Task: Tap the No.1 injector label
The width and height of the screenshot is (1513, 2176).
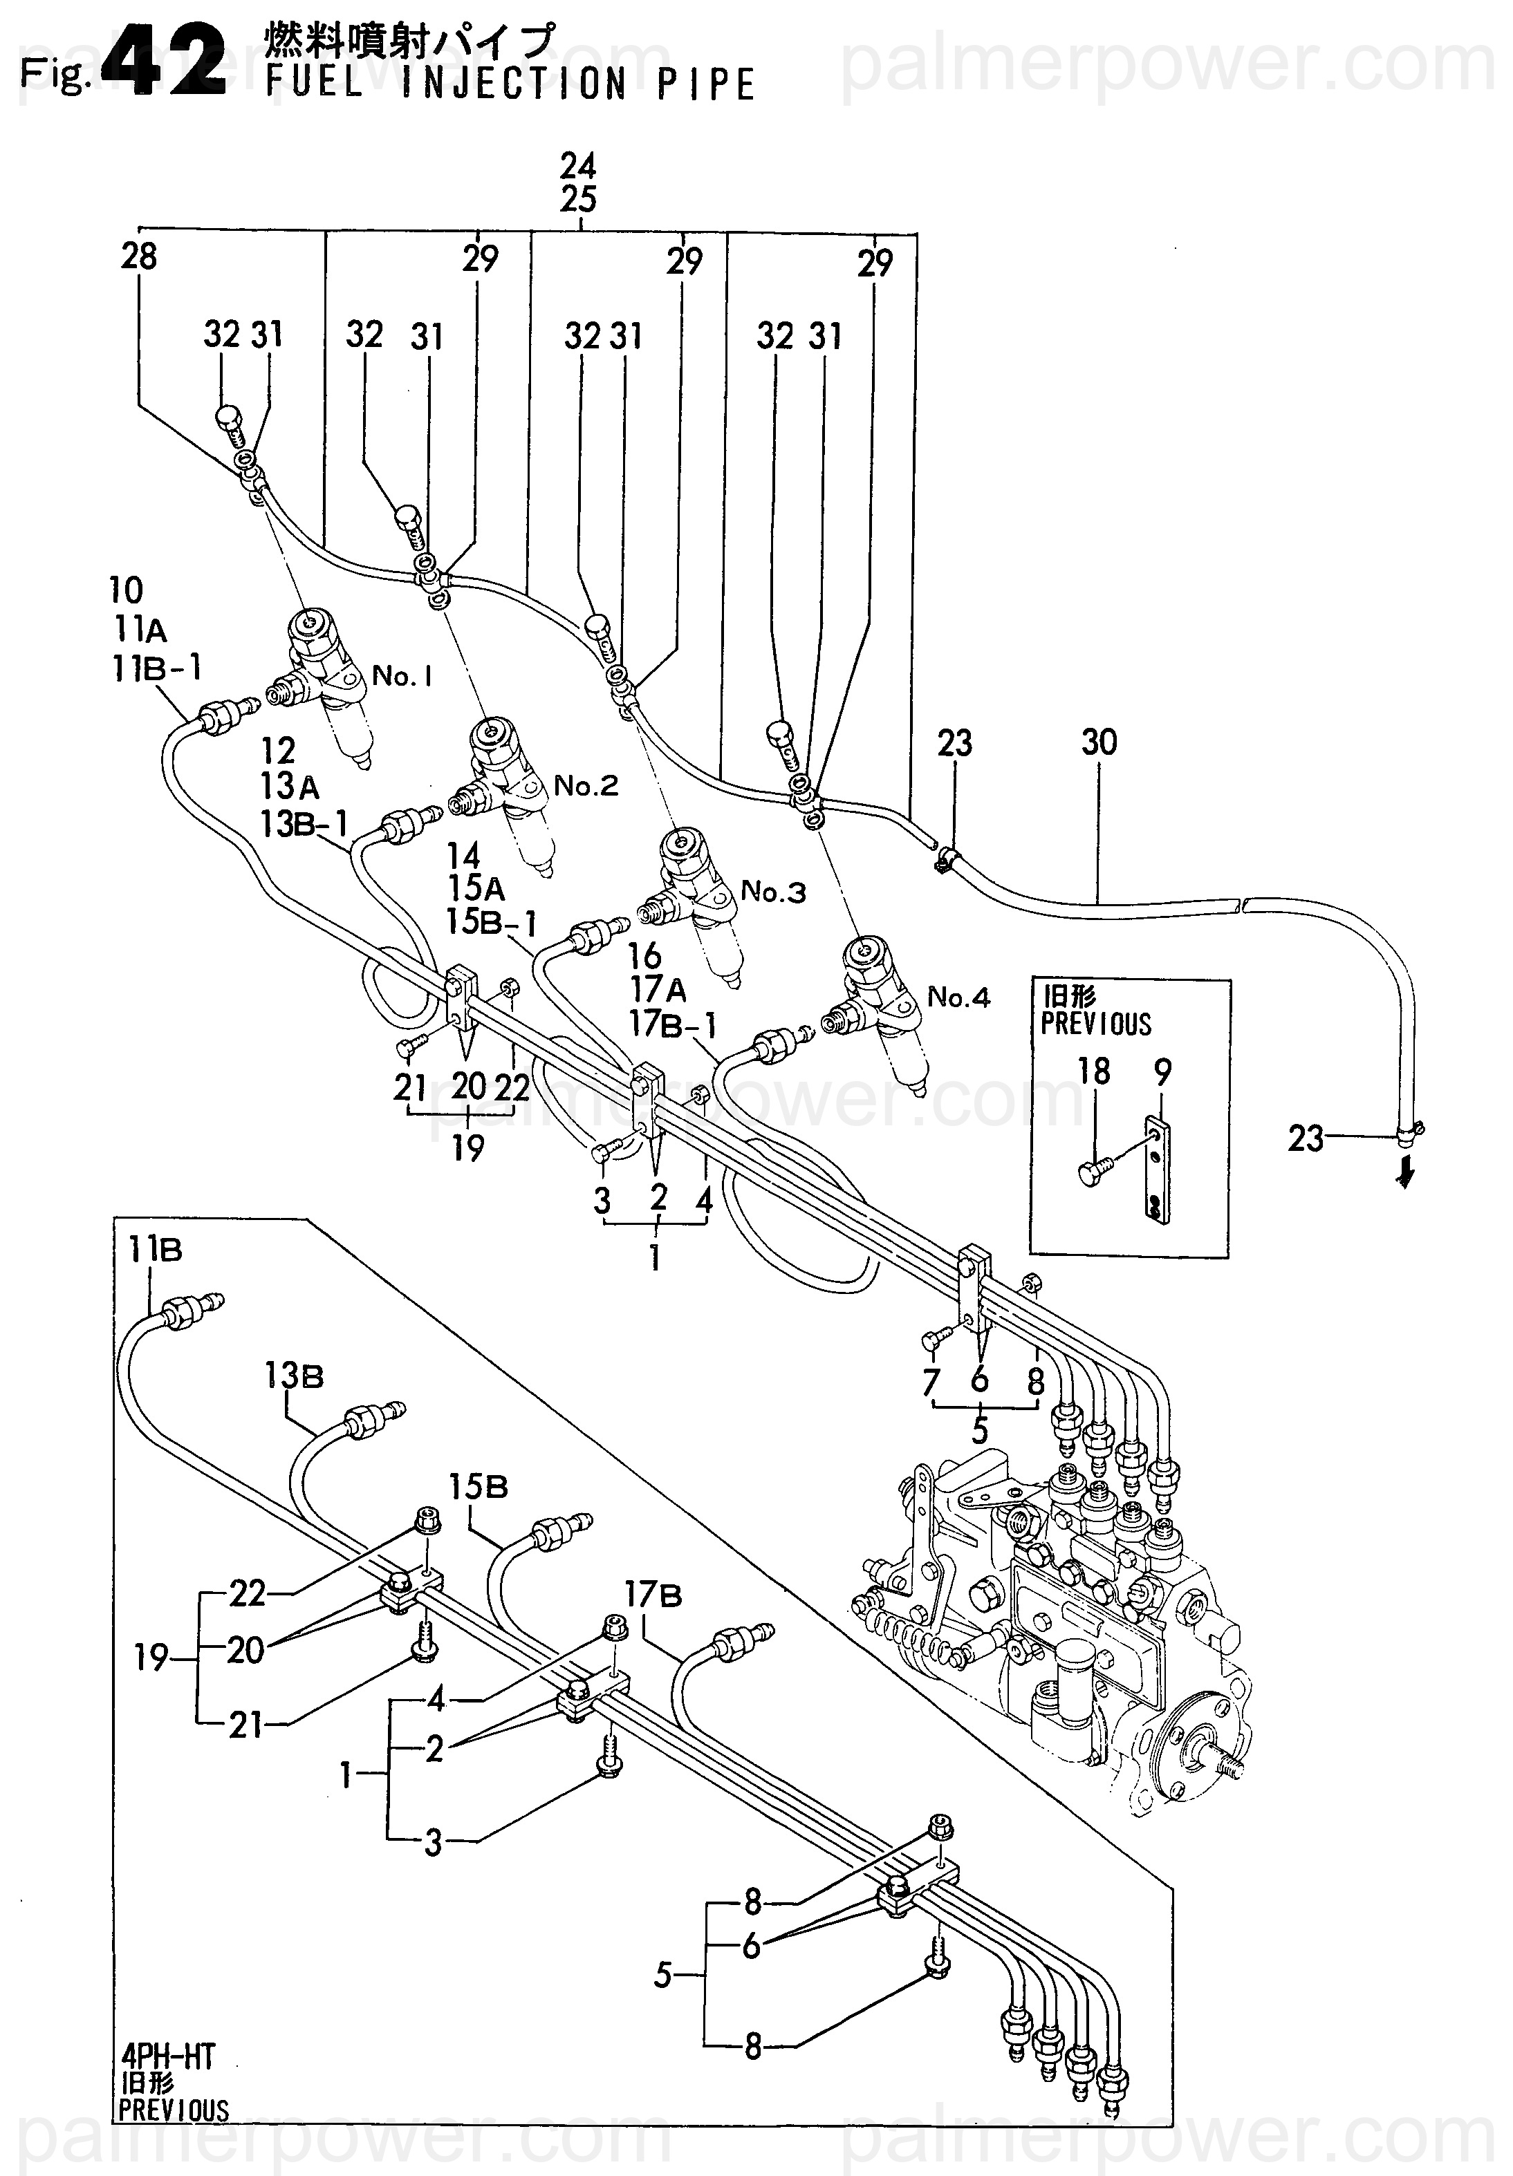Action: click(402, 676)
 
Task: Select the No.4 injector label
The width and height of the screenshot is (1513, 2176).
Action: click(958, 997)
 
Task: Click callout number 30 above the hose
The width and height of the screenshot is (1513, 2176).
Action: click(1099, 742)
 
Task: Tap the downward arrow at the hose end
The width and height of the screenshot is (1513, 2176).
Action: click(1406, 1175)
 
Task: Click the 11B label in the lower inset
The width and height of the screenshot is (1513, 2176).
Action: click(156, 1252)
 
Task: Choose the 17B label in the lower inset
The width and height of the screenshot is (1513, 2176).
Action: click(653, 1596)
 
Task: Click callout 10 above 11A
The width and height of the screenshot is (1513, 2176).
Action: click(126, 590)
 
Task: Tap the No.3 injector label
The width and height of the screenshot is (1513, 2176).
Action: click(772, 891)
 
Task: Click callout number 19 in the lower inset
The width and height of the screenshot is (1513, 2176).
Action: click(151, 1658)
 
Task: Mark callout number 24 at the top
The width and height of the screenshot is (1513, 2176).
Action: click(577, 167)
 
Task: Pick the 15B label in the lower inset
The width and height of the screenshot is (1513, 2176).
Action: click(479, 1487)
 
